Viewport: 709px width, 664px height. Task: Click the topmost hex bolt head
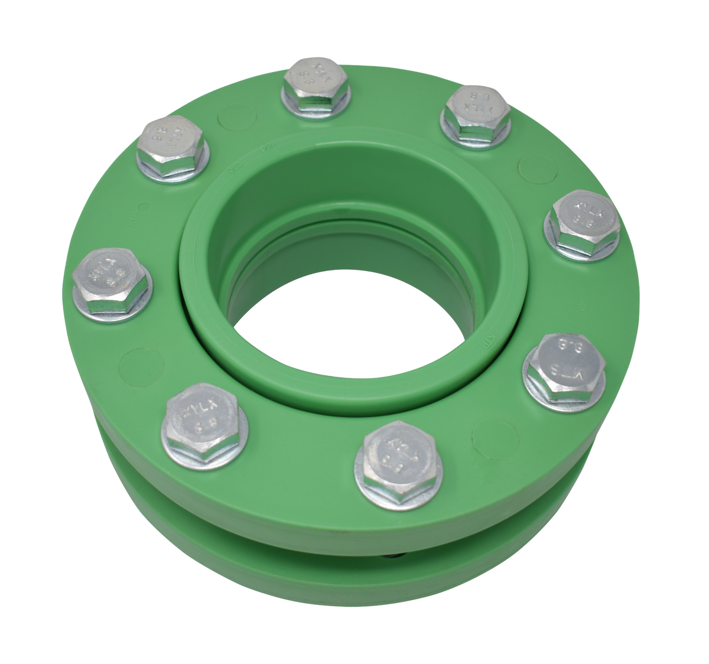pyautogui.click(x=316, y=83)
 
